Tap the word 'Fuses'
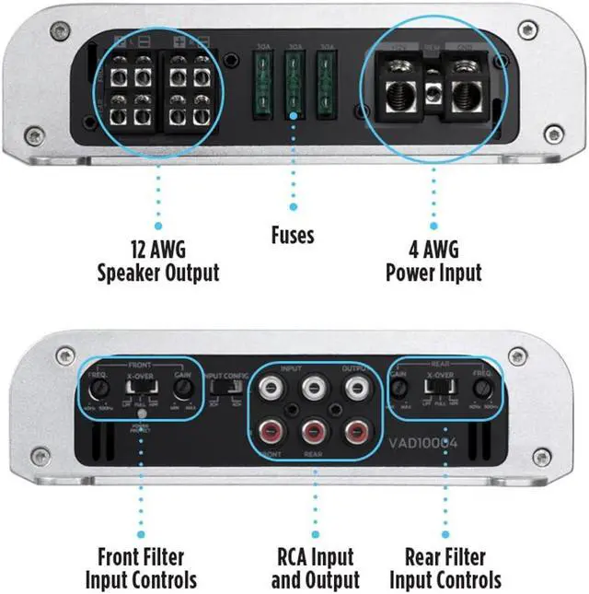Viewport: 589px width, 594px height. pos(293,236)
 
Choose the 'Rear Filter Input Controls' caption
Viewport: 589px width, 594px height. pos(445,567)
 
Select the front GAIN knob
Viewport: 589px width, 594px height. pos(184,389)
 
